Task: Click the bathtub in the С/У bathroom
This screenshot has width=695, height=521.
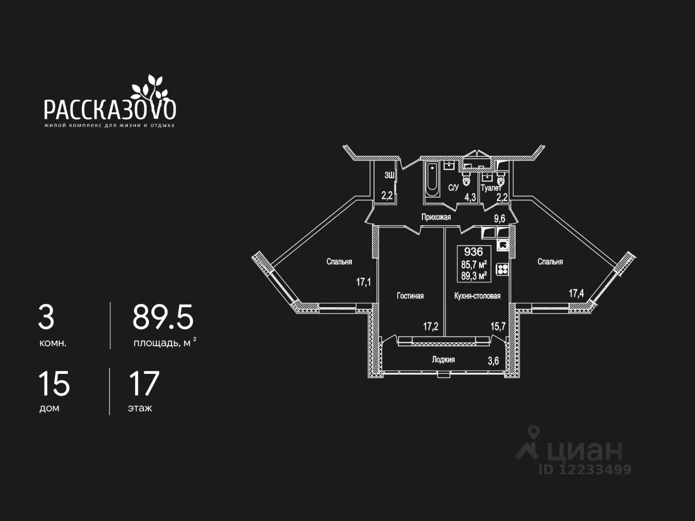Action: (432, 179)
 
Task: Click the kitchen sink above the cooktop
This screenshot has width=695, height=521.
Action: (503, 245)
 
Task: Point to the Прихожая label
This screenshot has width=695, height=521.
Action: (437, 217)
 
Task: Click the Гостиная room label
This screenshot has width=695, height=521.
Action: (410, 296)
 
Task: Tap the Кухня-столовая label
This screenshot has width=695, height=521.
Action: (477, 296)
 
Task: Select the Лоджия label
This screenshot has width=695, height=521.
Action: (443, 359)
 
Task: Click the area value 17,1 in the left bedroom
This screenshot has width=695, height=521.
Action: (364, 282)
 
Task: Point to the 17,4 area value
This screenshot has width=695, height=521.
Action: (576, 294)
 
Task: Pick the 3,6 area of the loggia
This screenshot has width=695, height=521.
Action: (493, 361)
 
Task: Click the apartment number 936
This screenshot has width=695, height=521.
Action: (473, 252)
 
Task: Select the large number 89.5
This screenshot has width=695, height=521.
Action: (163, 317)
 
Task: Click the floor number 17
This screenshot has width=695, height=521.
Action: (144, 384)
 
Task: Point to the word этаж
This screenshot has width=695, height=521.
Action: (140, 408)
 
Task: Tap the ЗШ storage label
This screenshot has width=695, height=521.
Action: (389, 175)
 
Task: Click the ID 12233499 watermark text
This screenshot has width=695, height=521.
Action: (585, 469)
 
